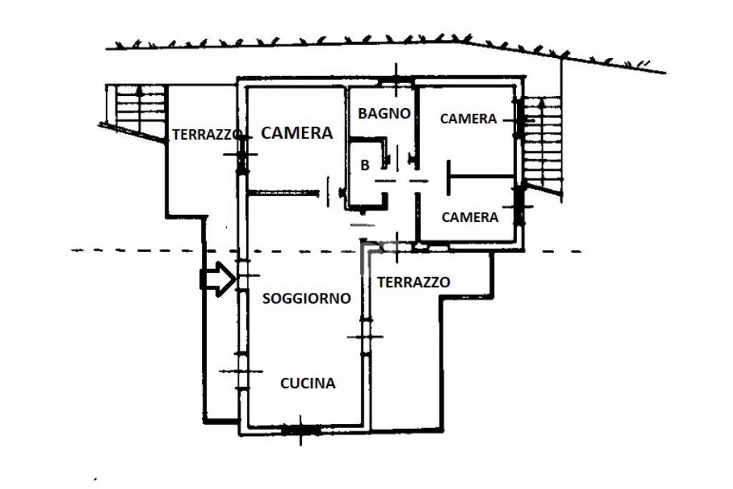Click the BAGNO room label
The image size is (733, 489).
(384, 113)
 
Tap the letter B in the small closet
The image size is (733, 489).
(364, 165)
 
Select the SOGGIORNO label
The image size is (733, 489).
(306, 299)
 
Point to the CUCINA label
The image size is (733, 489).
(308, 383)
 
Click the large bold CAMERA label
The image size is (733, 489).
(297, 133)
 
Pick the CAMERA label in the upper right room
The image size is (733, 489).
(468, 119)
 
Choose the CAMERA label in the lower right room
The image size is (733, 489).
(470, 217)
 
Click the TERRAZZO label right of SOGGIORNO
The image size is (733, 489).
(414, 282)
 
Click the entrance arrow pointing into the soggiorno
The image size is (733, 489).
(218, 279)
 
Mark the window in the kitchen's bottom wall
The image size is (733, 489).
(300, 430)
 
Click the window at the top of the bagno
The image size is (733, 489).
(396, 83)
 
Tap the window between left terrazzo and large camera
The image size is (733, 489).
(242, 154)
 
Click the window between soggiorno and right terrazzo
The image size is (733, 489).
(366, 337)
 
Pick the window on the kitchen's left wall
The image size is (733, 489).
(241, 371)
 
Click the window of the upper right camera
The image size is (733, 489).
(519, 119)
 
